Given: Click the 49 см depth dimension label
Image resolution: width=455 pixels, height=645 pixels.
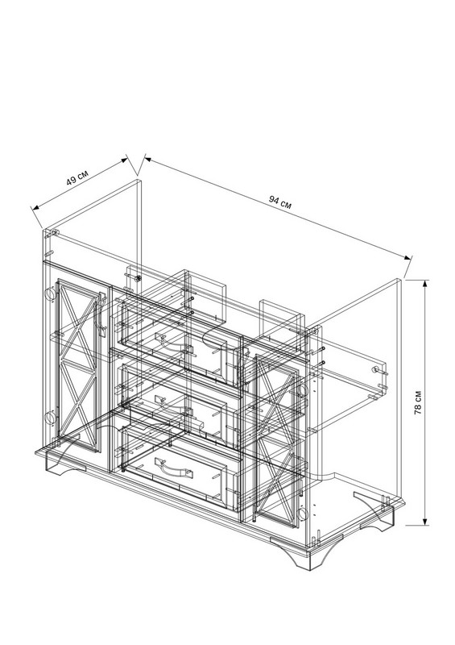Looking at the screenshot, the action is (77, 177).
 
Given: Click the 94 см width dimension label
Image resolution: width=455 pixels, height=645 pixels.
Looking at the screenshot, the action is (280, 202).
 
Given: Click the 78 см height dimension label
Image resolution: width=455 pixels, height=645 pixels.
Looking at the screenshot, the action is (418, 402).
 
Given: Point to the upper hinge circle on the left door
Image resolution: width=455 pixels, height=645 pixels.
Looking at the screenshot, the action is (49, 293).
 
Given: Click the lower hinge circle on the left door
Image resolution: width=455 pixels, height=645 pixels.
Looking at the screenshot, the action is (49, 418).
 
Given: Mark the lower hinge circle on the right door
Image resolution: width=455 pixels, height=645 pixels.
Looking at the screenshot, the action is (302, 513).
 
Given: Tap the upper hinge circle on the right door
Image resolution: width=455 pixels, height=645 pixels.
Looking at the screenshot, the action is (302, 390).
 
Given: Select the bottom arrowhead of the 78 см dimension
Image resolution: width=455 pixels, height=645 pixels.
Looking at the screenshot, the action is (425, 521).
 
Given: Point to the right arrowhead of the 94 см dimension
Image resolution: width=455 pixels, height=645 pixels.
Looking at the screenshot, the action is (407, 257).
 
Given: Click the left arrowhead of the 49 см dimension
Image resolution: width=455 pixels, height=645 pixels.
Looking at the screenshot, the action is (35, 208).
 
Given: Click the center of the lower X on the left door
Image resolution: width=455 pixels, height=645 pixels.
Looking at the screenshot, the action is (78, 403).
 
